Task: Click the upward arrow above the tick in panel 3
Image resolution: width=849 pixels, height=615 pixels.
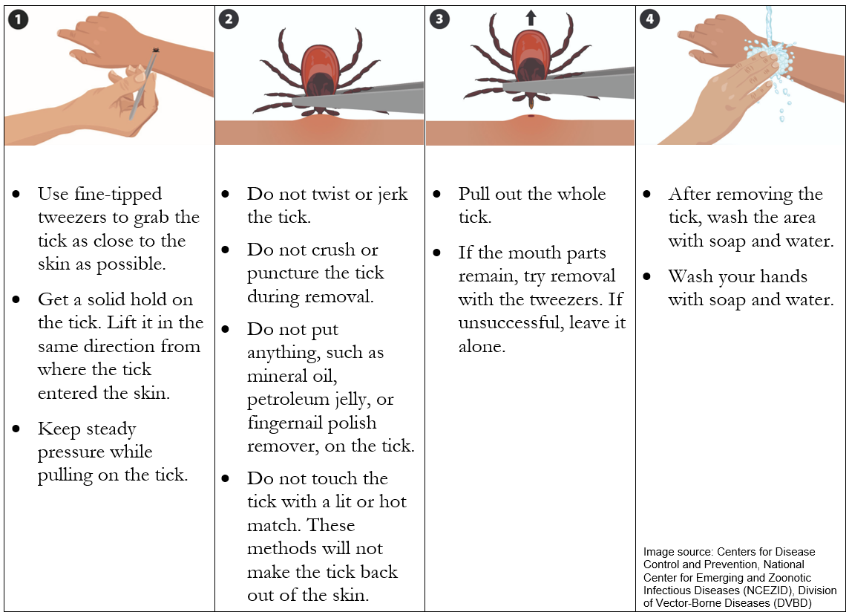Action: click(530, 16)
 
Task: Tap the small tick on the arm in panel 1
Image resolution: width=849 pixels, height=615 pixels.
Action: click(155, 51)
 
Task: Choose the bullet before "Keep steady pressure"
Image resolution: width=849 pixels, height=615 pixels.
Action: click(16, 429)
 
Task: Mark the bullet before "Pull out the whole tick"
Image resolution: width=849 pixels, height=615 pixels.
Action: click(437, 195)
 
